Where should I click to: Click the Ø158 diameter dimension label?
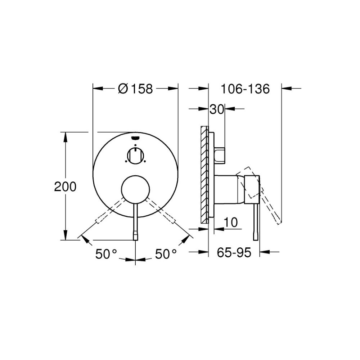(x=135, y=89)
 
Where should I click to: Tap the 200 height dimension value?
(x=65, y=186)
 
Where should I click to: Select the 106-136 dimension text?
(x=245, y=89)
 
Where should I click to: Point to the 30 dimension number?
(x=217, y=109)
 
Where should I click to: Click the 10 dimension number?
(x=230, y=222)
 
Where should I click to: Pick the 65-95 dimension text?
(x=234, y=253)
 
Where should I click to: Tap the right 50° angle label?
(x=166, y=254)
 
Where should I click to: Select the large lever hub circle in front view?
(x=135, y=190)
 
